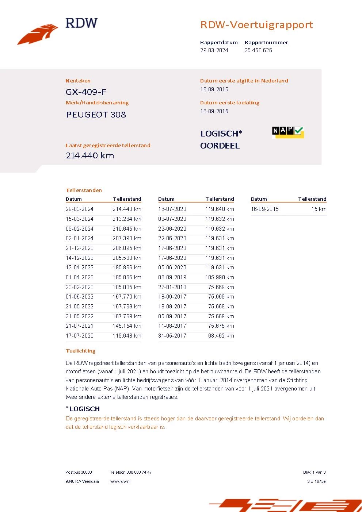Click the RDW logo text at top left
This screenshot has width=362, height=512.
pyautogui.click(x=81, y=23)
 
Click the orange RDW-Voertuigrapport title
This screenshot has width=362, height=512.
pyautogui.click(x=256, y=25)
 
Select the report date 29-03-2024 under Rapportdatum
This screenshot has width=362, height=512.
pyautogui.click(x=214, y=50)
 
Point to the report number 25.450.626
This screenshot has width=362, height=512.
pyautogui.click(x=258, y=50)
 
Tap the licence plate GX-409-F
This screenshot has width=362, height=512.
pyautogui.click(x=86, y=92)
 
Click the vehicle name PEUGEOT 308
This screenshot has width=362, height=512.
pyautogui.click(x=96, y=115)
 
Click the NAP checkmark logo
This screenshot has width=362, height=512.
pyautogui.click(x=288, y=132)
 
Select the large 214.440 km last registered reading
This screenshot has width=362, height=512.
pyautogui.click(x=90, y=155)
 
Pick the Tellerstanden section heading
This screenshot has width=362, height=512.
pyautogui.click(x=84, y=190)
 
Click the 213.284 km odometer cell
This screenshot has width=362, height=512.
pyautogui.click(x=127, y=219)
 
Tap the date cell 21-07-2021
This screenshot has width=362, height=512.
pyautogui.click(x=80, y=326)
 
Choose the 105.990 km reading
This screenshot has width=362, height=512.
pyautogui.click(x=220, y=277)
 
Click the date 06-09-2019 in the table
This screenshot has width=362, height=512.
pyautogui.click(x=172, y=277)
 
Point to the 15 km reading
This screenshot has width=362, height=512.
pyautogui.click(x=319, y=209)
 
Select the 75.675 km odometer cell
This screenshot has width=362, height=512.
pyautogui.click(x=221, y=326)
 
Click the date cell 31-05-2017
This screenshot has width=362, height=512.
pyautogui.click(x=172, y=336)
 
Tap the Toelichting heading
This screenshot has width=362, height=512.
pyautogui.click(x=80, y=351)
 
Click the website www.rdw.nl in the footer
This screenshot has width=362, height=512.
pyautogui.click(x=120, y=481)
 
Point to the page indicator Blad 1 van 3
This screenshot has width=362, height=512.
pyautogui.click(x=314, y=472)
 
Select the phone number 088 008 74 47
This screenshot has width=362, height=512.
pyautogui.click(x=139, y=472)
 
